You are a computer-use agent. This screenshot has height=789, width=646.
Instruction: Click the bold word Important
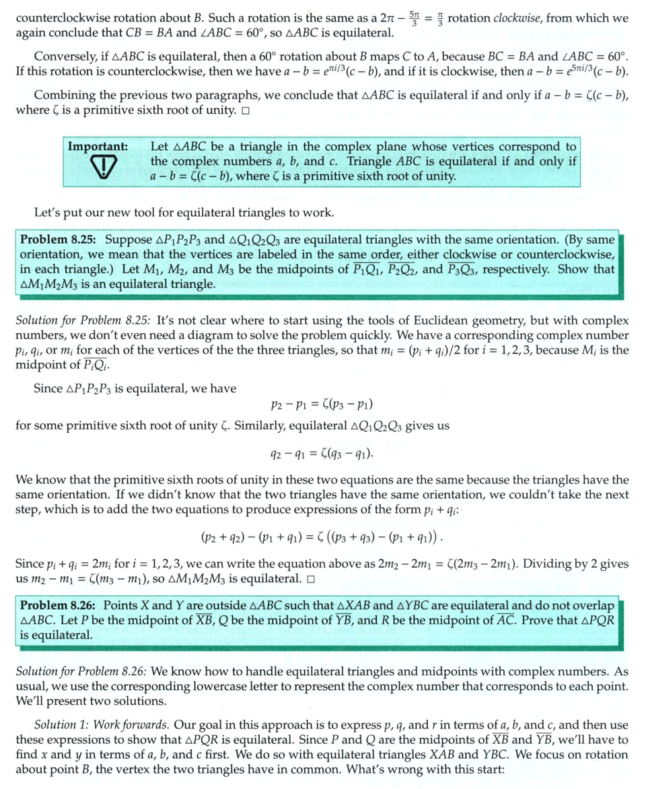click(98, 146)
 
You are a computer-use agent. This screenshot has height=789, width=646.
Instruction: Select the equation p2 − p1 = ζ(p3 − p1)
click(322, 405)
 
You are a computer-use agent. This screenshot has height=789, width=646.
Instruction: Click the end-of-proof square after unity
click(244, 110)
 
